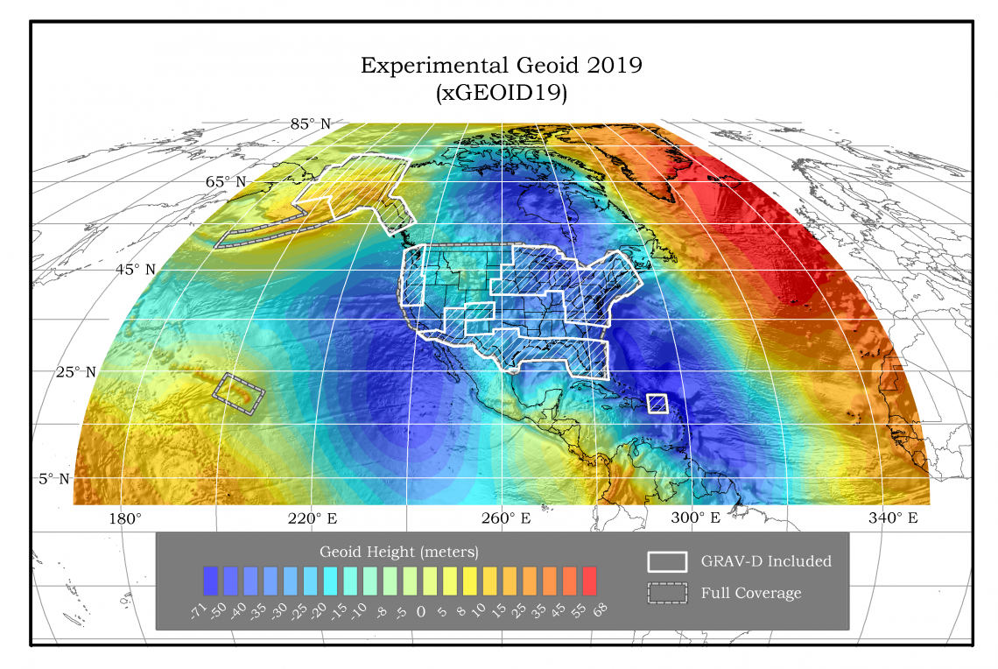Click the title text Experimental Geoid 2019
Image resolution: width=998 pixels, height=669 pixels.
point(502,66)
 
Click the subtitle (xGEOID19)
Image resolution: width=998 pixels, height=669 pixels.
point(502,93)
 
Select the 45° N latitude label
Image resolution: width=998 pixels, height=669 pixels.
point(136,269)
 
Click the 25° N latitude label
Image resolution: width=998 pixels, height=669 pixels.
point(76,372)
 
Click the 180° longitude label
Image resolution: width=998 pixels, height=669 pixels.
point(125,518)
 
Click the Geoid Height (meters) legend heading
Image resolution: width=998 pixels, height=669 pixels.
point(398,553)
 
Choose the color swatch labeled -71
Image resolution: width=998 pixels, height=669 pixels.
point(210,580)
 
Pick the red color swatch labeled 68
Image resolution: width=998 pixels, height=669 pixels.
point(589,580)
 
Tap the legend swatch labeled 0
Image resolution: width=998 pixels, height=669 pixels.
point(420,580)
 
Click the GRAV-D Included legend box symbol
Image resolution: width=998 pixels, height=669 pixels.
point(667,561)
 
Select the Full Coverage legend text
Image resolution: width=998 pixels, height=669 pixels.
point(750,593)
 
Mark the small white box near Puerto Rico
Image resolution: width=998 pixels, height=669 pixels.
point(657,403)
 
